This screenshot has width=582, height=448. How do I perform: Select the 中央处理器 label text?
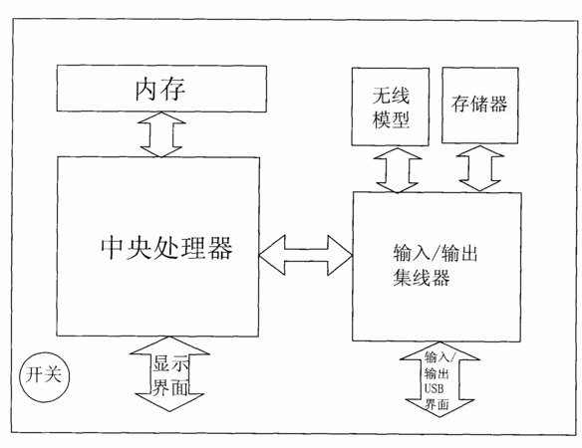click(x=166, y=247)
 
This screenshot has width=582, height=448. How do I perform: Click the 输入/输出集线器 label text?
click(x=436, y=265)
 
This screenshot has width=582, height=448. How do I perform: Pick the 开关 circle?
click(x=45, y=377)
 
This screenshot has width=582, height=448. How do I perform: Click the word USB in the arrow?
click(x=434, y=388)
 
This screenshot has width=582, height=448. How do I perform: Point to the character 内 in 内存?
click(x=146, y=90)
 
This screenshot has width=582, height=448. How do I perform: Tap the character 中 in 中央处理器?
click(x=112, y=247)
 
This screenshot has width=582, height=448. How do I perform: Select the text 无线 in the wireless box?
click(x=391, y=96)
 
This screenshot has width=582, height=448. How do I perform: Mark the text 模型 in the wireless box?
click(x=391, y=119)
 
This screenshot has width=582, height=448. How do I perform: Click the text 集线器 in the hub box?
click(x=421, y=278)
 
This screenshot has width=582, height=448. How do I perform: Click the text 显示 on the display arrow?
click(x=170, y=363)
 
